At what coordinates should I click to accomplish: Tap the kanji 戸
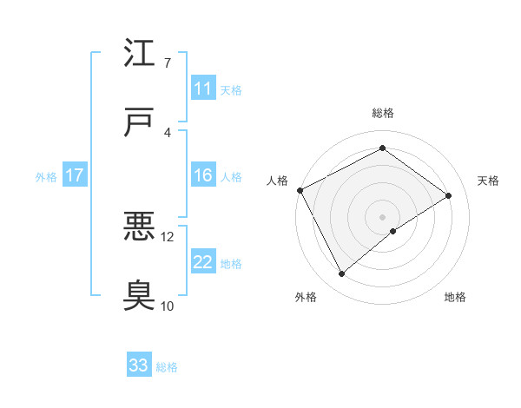140,123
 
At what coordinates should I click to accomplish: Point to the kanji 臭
140,297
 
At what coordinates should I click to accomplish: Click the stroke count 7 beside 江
167,63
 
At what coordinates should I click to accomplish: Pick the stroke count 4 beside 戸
167,133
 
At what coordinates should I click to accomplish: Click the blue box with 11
202,89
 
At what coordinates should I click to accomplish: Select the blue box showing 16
202,175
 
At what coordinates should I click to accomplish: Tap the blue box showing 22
202,262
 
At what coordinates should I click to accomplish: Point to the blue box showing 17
74,175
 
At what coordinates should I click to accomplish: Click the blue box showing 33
139,365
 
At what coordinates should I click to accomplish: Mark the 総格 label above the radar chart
383,113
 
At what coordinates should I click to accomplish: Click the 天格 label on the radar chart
488,181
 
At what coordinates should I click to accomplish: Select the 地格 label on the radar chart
455,297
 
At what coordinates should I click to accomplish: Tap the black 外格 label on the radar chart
306,297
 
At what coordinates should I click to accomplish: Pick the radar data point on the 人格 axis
300,190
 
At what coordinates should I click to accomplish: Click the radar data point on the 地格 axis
393,231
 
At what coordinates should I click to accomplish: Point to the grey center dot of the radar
382,216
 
